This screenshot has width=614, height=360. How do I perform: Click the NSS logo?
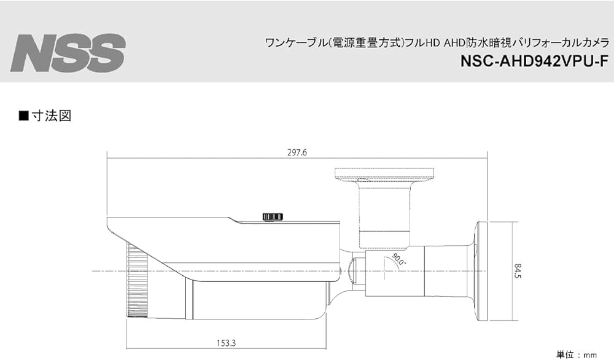click(68, 53)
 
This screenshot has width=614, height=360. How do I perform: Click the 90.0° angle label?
click(397, 260)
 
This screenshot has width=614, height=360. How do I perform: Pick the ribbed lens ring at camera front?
click(137, 280)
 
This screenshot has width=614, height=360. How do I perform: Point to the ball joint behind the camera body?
click(353, 268)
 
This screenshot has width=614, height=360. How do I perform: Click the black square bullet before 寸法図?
click(24, 115)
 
